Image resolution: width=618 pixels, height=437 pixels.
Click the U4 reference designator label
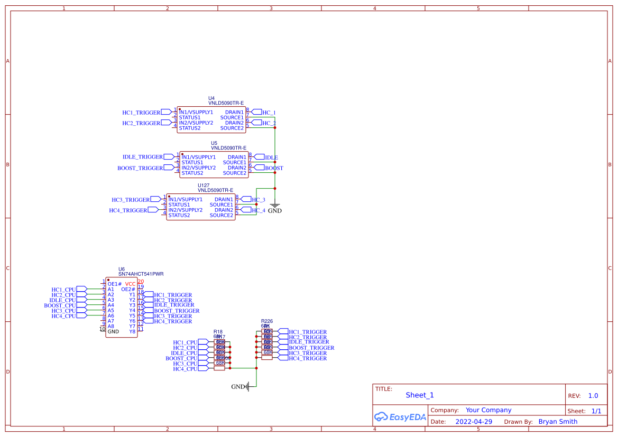tap(211, 98)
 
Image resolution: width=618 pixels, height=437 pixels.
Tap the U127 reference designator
tap(204, 185)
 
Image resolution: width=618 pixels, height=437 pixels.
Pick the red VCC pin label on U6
tap(130, 284)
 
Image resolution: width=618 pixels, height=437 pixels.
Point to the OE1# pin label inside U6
tap(115, 284)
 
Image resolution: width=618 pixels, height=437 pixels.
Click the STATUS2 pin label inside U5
tap(192, 173)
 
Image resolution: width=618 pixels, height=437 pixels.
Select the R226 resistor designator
tap(267, 321)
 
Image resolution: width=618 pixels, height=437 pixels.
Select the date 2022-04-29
tap(474, 422)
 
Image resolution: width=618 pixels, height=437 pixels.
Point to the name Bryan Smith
tap(558, 422)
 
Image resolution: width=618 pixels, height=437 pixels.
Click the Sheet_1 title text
tap(420, 395)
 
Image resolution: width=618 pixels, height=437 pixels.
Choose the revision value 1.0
tap(593, 396)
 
